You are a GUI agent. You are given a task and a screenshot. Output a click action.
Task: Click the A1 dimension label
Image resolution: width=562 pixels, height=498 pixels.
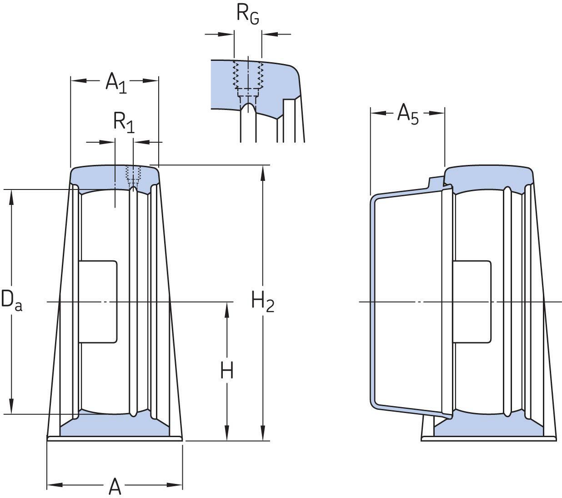pos(115,83)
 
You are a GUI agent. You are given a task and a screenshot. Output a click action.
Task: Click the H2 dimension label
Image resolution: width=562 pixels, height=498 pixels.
pos(263,301)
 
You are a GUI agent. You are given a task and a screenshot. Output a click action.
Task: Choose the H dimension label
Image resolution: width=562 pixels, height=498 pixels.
pos(227,370)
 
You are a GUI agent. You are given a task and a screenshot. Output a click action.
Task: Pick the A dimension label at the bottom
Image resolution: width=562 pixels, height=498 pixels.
pos(115,487)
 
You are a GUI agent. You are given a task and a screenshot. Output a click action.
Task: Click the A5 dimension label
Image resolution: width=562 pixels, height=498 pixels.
pos(407,114)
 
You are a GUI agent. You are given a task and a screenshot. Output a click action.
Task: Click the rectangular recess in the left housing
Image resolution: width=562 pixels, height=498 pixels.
pos(98,302)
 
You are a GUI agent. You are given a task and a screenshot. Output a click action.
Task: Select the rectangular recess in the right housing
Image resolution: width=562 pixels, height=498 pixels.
pos(472,302)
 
